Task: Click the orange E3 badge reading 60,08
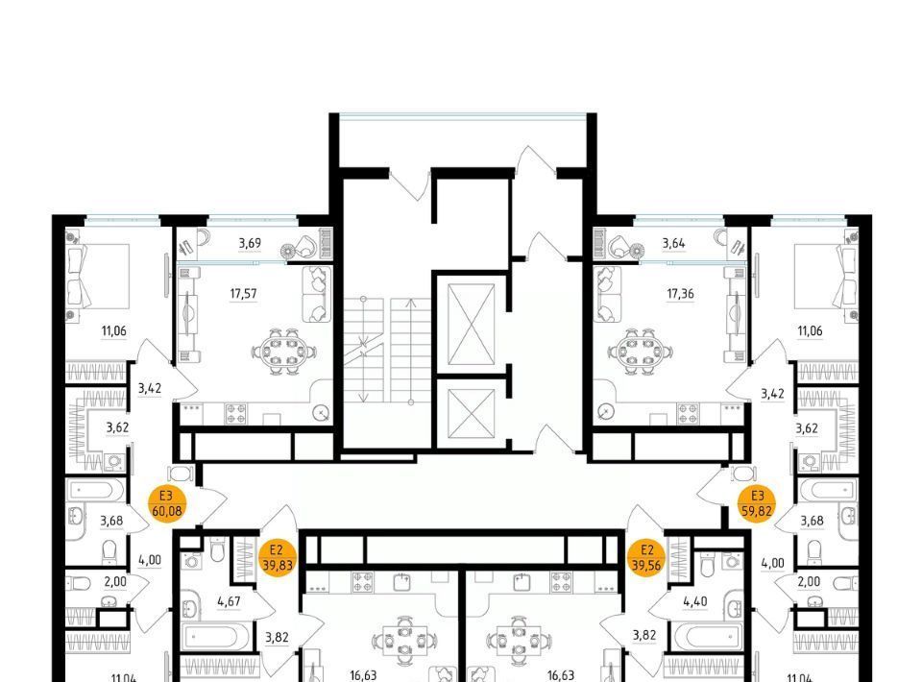(167, 504)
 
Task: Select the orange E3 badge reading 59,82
(757, 504)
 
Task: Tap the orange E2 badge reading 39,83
(277, 558)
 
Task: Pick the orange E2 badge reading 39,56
(646, 558)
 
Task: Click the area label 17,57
(243, 293)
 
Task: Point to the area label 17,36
(680, 293)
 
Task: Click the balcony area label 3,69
(250, 243)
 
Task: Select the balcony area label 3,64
(673, 243)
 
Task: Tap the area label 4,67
(229, 601)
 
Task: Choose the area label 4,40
(695, 601)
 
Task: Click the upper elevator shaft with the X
(471, 325)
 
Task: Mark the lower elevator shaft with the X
(471, 414)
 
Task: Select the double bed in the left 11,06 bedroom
(99, 277)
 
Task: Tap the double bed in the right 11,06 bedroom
(825, 277)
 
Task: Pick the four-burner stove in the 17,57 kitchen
(236, 413)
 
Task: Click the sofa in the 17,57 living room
(316, 295)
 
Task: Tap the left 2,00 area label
(115, 581)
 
